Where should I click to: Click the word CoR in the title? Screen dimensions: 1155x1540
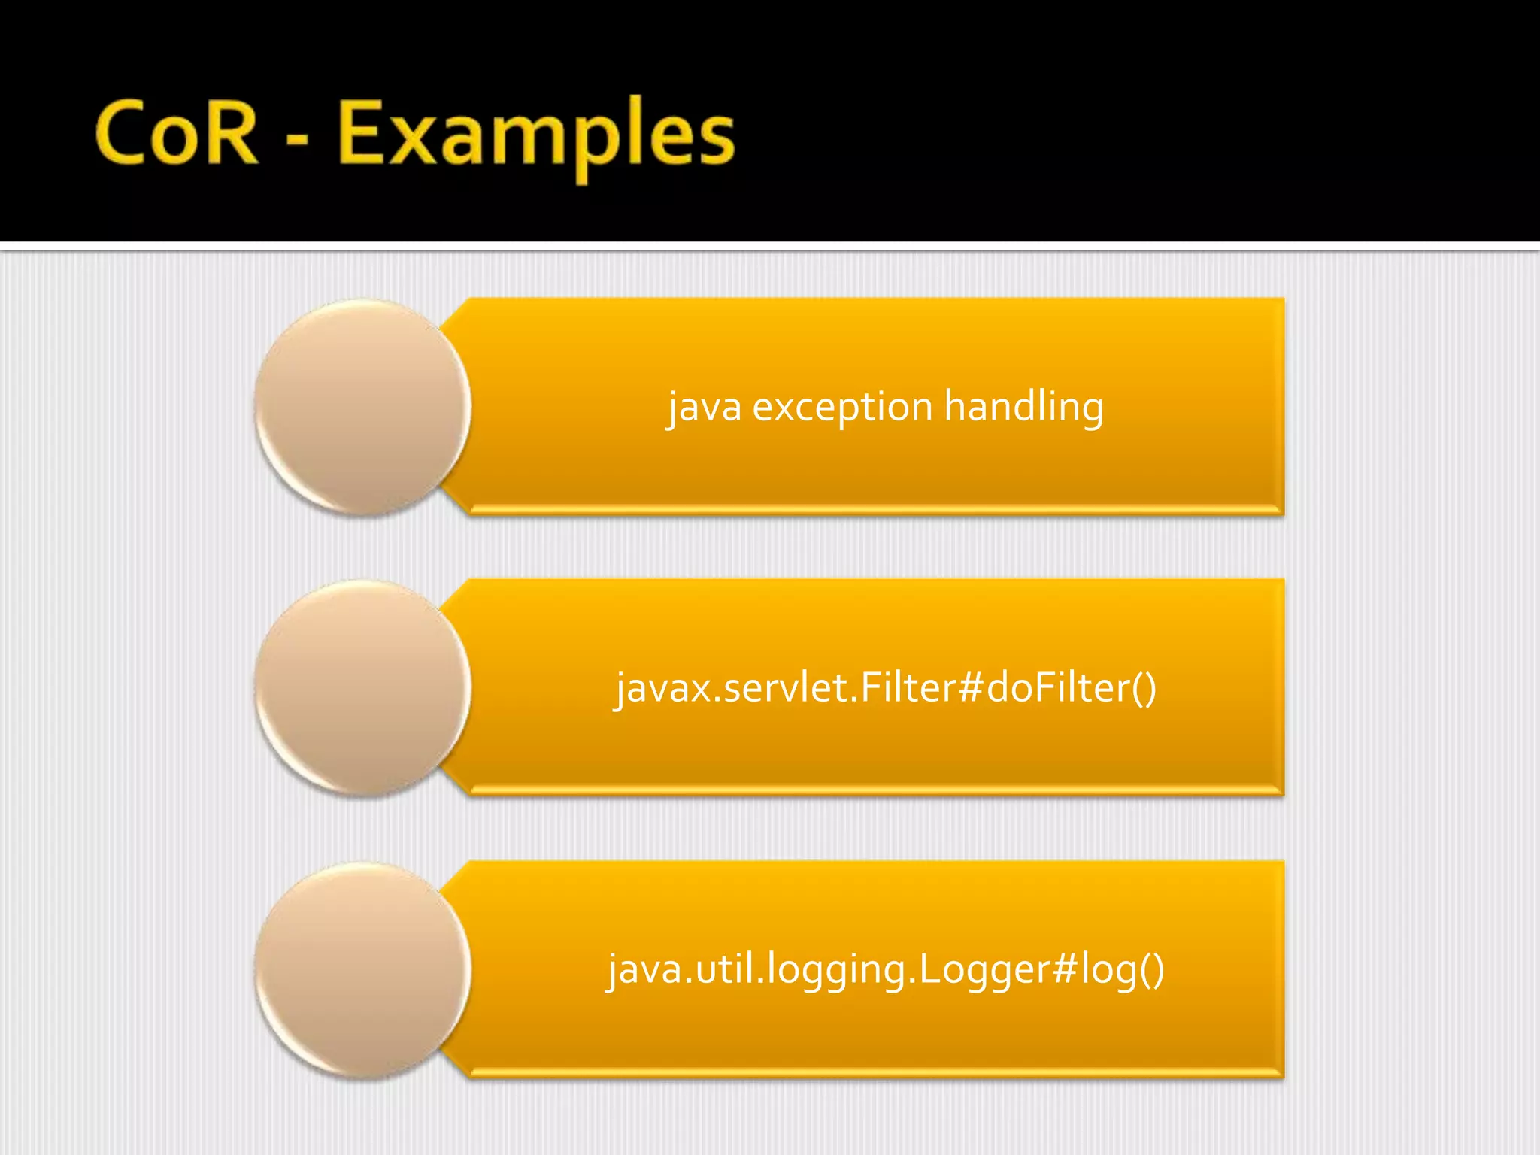coord(177,133)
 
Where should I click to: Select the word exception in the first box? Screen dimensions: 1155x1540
coord(842,408)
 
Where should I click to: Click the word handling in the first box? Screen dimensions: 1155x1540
coord(1023,408)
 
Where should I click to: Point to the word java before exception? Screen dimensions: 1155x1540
coord(705,408)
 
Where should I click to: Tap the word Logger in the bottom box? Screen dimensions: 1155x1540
coord(984,971)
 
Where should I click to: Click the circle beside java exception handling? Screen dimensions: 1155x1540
coord(362,407)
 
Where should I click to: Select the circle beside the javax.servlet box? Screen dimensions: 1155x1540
coord(362,688)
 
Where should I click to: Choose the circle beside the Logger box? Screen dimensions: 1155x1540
coord(362,970)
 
